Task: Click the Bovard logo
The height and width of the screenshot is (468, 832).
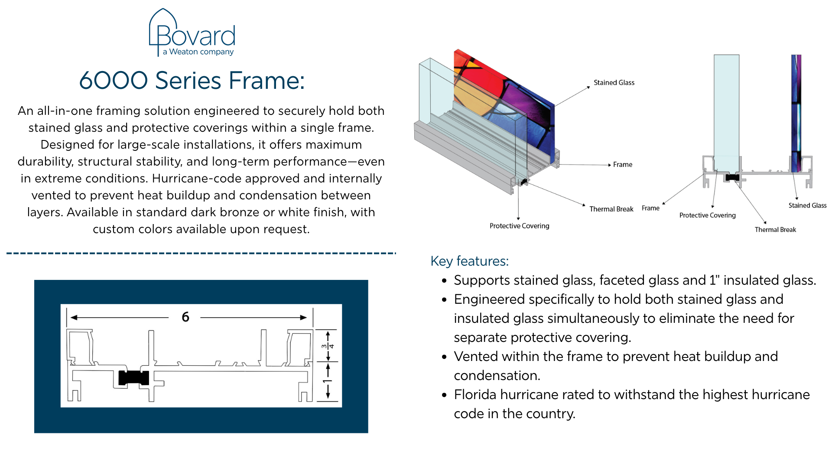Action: point(192,32)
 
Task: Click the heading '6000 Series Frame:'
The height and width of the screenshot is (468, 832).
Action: point(192,81)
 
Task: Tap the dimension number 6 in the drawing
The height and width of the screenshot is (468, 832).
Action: point(185,317)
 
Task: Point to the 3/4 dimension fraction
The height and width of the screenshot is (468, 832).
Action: point(328,346)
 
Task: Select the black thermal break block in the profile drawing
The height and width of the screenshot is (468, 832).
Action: point(133,378)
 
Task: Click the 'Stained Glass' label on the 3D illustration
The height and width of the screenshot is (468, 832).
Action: point(614,83)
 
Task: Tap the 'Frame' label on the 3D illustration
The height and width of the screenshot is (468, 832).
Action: point(622,165)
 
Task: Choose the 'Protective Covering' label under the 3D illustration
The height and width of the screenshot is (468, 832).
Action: point(519,226)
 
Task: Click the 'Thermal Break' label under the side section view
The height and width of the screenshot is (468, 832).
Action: point(775,230)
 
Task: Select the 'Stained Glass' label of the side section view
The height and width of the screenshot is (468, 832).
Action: point(807,205)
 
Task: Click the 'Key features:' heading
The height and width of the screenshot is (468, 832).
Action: point(469,261)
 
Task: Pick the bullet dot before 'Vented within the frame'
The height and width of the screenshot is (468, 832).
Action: point(444,357)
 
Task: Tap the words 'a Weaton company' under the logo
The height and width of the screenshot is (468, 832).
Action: point(198,52)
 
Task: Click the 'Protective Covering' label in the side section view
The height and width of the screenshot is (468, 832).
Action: point(707,215)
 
